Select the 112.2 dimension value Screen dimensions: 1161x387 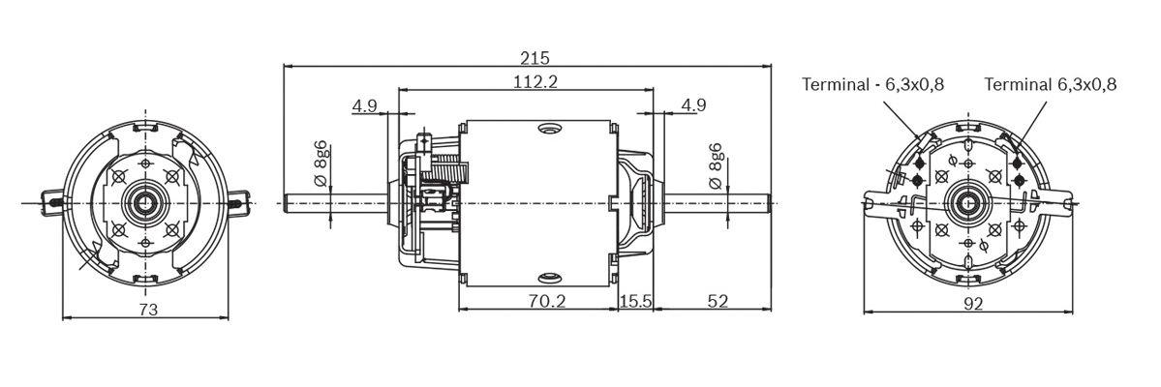[x=535, y=81]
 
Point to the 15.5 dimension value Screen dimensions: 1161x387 [x=635, y=301]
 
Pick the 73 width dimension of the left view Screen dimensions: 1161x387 [x=148, y=310]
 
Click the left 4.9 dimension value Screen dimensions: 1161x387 [x=365, y=105]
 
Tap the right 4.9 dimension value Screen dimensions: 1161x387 [x=693, y=104]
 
